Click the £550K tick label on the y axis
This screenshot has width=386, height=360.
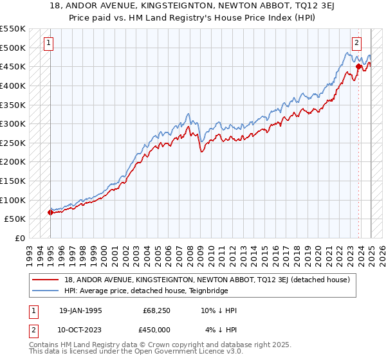coord(13,29)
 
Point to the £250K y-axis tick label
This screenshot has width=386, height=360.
coord(13,143)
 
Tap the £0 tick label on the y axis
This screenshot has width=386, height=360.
coord(20,238)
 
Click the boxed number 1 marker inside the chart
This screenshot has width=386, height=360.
coord(49,43)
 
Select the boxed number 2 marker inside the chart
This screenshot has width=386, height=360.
coord(356,43)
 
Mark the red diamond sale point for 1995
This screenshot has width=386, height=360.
coord(50,212)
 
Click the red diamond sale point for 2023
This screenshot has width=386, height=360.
coord(358,66)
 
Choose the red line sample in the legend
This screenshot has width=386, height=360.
coord(46,280)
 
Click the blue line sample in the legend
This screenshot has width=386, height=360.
coord(46,291)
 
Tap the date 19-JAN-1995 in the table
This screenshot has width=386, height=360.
coord(80,310)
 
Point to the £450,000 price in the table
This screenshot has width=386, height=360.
coord(158,330)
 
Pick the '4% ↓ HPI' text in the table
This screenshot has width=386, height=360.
coord(221,330)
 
